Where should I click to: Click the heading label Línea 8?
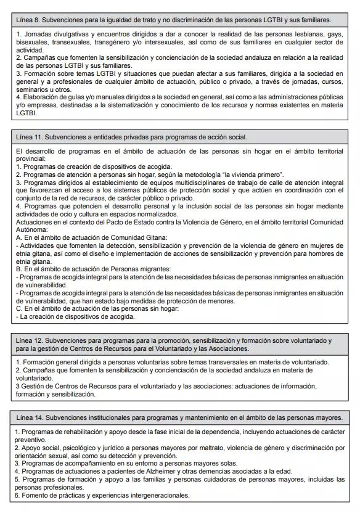30,20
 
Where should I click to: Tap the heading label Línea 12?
31,340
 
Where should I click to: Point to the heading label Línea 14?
31,417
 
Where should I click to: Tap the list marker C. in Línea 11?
19,309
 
